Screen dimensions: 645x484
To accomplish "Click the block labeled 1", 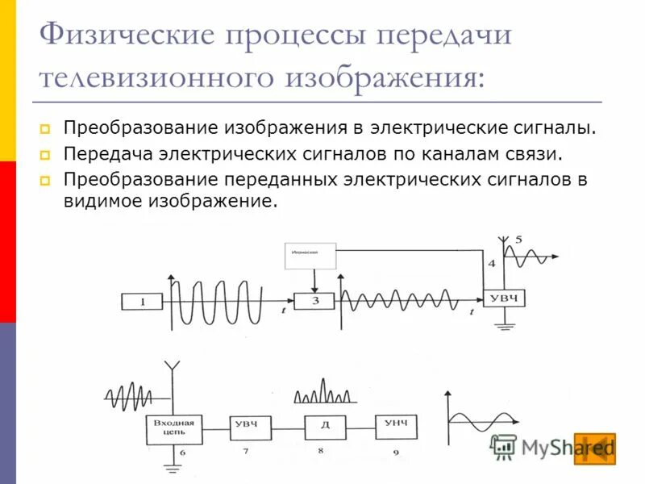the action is click(142, 302).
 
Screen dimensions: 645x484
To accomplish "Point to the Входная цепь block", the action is click(175, 430).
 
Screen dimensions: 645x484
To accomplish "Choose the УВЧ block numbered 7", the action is click(250, 427).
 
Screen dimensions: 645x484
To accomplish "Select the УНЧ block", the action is click(396, 425).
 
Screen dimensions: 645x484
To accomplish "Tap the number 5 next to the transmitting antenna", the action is click(518, 239).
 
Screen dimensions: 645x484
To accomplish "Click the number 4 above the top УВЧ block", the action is click(492, 264).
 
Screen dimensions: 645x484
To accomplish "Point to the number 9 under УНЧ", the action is click(396, 453).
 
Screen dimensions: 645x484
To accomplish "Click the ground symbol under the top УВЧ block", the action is click(506, 326).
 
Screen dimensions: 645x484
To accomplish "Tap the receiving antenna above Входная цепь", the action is click(171, 371).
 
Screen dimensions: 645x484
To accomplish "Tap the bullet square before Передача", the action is click(45, 153).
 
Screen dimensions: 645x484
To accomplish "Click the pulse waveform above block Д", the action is click(322, 392).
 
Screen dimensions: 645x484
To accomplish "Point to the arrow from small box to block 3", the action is click(315, 282).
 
